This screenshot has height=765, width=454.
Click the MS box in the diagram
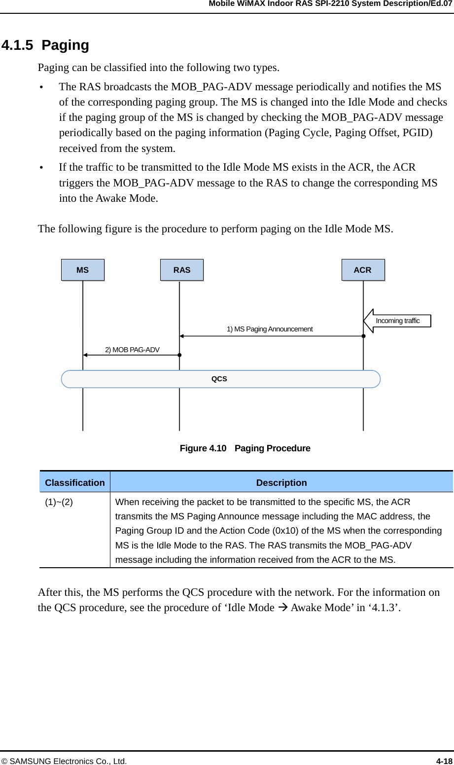[83, 270]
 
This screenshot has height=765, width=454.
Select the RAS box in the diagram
[182, 270]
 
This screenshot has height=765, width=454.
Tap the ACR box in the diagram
[363, 270]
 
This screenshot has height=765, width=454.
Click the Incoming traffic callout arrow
[397, 321]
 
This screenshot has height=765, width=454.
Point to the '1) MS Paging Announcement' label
[270, 329]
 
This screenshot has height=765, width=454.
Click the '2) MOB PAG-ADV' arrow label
[132, 350]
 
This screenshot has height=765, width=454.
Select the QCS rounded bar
[220, 379]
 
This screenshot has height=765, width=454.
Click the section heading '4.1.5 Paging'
[45, 45]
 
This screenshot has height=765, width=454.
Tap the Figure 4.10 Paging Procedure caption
[245, 448]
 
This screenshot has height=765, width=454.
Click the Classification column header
[75, 482]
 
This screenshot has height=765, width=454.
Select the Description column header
[281, 482]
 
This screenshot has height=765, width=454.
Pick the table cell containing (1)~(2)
[59, 502]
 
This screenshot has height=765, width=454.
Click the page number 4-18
[444, 761]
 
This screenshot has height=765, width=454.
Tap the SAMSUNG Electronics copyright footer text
[64, 761]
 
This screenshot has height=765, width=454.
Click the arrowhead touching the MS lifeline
[85, 355]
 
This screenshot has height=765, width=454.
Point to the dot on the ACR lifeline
[363, 336]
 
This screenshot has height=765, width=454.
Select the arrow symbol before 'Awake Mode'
[282, 608]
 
